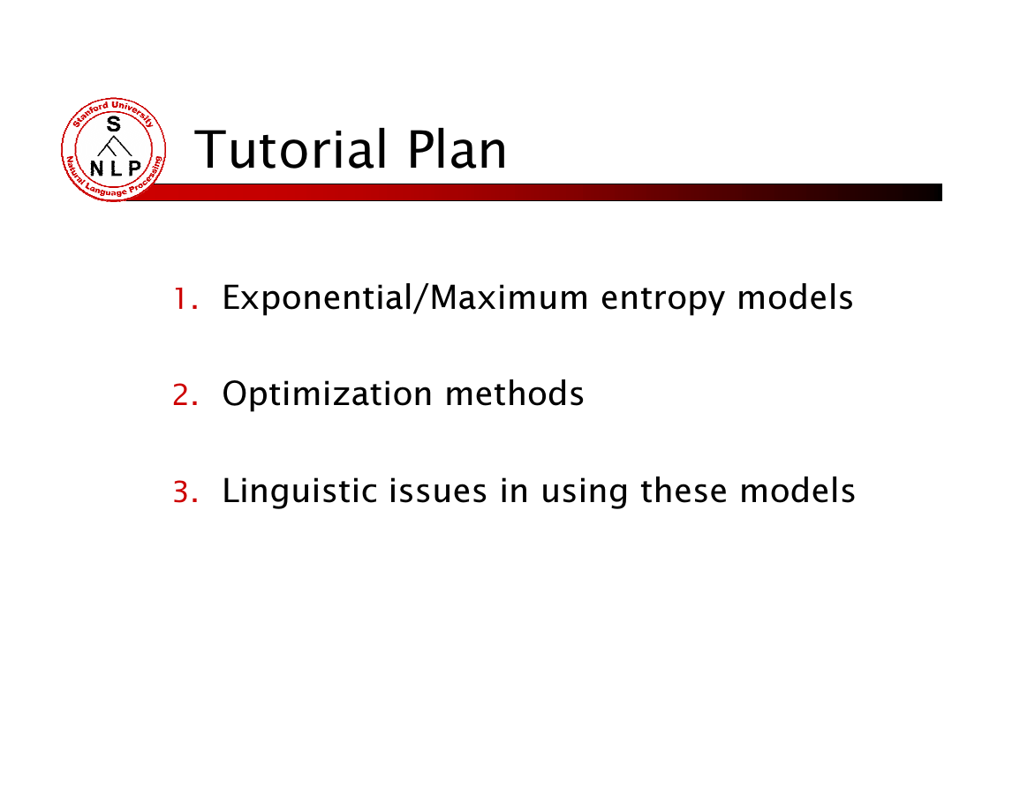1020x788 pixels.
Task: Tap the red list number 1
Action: (x=185, y=299)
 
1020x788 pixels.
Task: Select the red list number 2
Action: (x=185, y=395)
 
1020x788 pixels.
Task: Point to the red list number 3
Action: (x=185, y=492)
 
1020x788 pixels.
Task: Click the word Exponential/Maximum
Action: (x=405, y=297)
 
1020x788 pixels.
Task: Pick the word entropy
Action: (x=662, y=300)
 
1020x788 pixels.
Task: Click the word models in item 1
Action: (x=795, y=297)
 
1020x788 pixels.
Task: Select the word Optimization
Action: (x=328, y=394)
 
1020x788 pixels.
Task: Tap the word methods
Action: (x=515, y=394)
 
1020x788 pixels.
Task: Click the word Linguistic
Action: (x=300, y=492)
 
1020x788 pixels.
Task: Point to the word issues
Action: (x=438, y=492)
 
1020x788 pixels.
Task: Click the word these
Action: (x=684, y=492)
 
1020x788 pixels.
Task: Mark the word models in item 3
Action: (x=797, y=492)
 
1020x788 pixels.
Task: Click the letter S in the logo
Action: (x=114, y=124)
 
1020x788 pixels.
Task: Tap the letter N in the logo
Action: (x=96, y=169)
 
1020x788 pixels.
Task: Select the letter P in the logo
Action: (x=134, y=169)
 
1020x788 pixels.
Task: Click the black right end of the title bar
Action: (x=937, y=192)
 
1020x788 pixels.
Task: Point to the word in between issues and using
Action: (x=514, y=491)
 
